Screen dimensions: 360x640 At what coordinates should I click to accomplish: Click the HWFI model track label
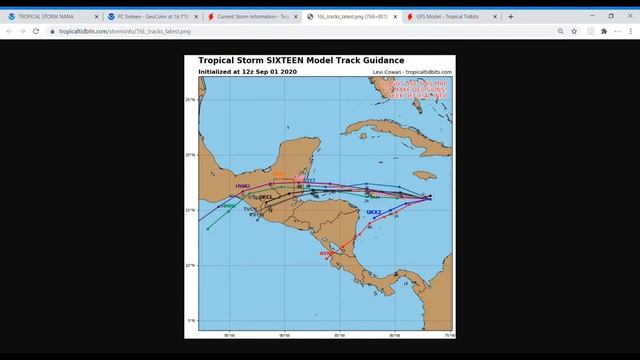click(x=242, y=186)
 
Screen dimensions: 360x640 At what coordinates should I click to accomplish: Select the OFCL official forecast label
click(x=265, y=197)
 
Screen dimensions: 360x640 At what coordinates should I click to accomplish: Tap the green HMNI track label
click(x=228, y=206)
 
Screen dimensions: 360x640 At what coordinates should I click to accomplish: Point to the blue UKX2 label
click(x=374, y=212)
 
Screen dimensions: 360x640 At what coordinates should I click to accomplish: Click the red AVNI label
click(x=326, y=254)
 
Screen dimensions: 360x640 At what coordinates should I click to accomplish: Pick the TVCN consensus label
click(x=250, y=209)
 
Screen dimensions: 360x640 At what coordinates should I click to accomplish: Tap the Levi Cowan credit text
click(x=412, y=72)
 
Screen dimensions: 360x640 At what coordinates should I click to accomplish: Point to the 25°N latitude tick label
click(x=190, y=100)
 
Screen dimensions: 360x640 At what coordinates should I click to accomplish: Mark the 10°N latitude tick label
click(x=190, y=265)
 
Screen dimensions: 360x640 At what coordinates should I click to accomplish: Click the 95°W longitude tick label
click(x=230, y=334)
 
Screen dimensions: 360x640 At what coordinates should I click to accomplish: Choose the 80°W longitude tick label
click(x=394, y=334)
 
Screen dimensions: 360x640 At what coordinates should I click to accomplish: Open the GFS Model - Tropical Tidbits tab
click(x=444, y=16)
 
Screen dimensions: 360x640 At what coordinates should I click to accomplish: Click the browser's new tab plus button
click(x=511, y=16)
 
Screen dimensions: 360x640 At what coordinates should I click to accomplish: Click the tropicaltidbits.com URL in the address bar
click(x=110, y=31)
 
